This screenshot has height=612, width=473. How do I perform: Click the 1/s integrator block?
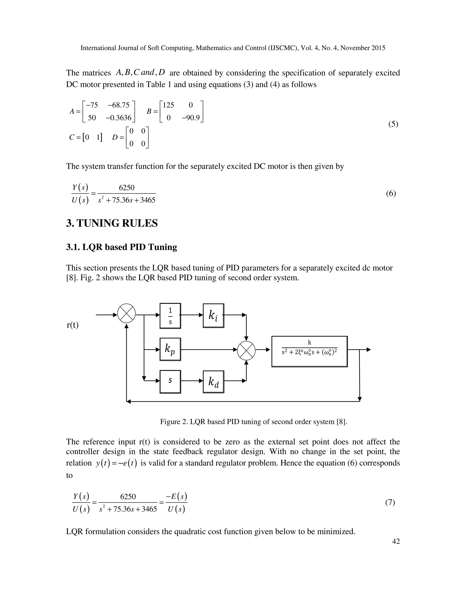tap(170, 316)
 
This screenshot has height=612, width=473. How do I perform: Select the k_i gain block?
tap(213, 315)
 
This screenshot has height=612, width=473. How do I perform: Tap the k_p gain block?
tap(170, 349)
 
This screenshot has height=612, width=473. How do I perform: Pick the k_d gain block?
tap(213, 382)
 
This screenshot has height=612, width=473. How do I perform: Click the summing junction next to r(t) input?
tap(126, 313)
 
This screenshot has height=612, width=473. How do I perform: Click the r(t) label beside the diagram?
tap(73, 325)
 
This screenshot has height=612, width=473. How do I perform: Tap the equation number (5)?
tap(393, 124)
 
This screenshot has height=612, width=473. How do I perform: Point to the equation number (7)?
tap(390, 503)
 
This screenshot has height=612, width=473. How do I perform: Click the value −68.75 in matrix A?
tap(118, 105)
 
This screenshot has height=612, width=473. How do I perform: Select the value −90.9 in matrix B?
tap(191, 118)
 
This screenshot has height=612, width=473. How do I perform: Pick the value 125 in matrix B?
tap(168, 105)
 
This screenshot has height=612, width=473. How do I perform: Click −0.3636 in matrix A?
tap(118, 118)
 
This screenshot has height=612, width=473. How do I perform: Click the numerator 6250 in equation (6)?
tap(127, 188)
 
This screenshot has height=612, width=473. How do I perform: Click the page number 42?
tap(396, 541)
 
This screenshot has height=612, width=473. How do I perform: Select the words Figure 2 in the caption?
tap(174, 422)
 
